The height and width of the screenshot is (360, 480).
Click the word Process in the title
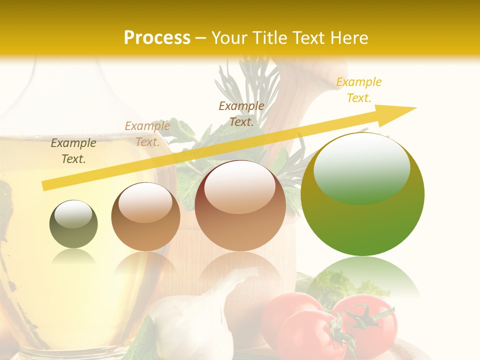(157, 37)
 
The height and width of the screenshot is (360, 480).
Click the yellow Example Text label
(358, 89)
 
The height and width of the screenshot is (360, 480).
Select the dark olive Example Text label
(73, 150)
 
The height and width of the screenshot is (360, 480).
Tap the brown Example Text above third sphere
(241, 113)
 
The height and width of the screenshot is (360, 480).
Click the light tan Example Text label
(147, 133)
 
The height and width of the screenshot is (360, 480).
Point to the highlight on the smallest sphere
(73, 214)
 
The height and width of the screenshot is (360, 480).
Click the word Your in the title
(228, 38)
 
